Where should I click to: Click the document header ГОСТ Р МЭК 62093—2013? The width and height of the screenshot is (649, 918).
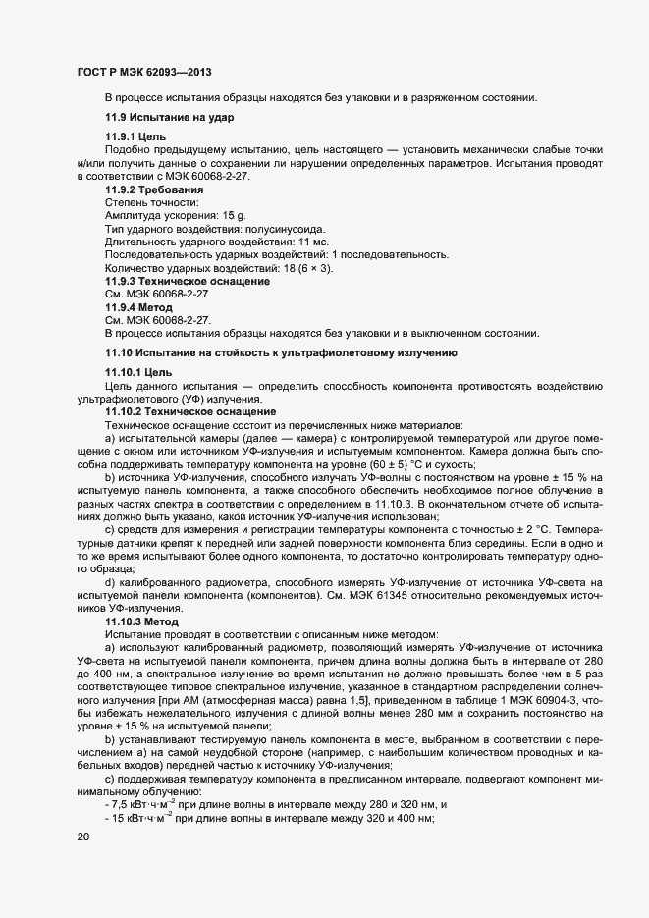pyautogui.click(x=143, y=72)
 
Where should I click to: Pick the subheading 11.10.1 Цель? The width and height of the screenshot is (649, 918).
pyautogui.click(x=138, y=374)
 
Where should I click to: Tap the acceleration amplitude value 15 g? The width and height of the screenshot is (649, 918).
pyautogui.click(x=233, y=214)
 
